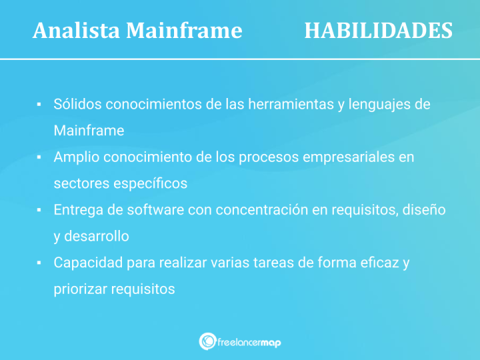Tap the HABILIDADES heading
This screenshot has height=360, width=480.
tap(378, 31)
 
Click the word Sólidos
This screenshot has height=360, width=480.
tap(77, 105)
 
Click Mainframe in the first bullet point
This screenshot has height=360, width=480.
tap(89, 131)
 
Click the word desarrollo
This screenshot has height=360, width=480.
tap(98, 237)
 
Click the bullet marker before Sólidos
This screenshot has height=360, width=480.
tap(40, 105)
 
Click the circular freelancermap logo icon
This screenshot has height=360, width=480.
tap(207, 341)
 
